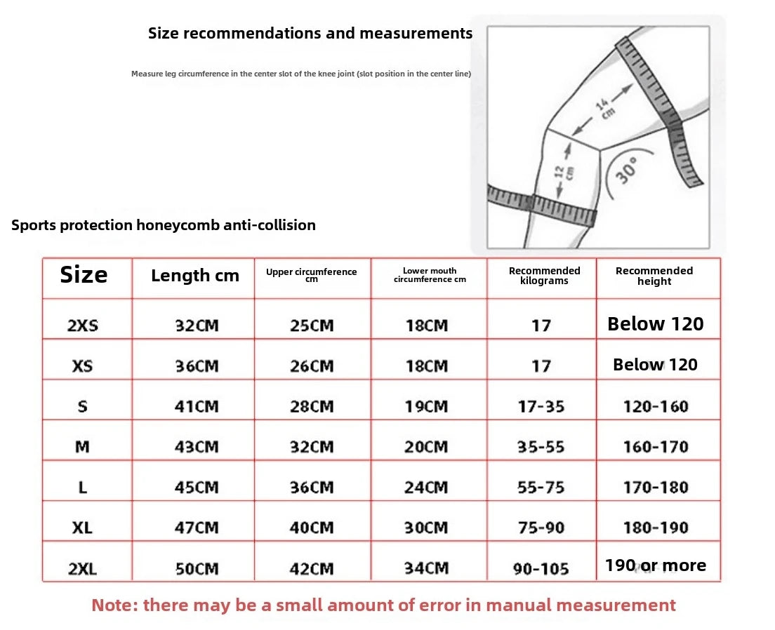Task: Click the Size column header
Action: pos(84,275)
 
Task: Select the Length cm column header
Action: pos(194,276)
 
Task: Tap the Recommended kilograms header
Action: pos(544,276)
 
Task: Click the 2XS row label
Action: pos(83,326)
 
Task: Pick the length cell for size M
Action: pos(197,447)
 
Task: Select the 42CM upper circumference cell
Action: pos(312,568)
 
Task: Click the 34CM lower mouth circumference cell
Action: pos(426,568)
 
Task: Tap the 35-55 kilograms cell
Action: pos(541,447)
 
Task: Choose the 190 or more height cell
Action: pos(656,565)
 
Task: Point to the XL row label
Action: pos(82,528)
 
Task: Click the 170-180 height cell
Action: pos(656,488)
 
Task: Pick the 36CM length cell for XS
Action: pos(197,366)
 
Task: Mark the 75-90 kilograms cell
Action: pos(541,528)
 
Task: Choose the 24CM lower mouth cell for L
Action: pos(426,488)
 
